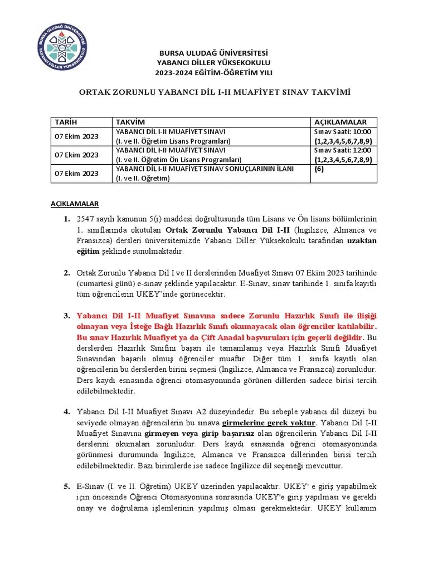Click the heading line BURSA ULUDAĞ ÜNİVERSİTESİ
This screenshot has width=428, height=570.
pyautogui.click(x=214, y=52)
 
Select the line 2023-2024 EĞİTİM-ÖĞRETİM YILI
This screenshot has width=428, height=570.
pyautogui.click(x=214, y=72)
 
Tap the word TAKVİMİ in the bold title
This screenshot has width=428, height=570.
pyautogui.click(x=329, y=92)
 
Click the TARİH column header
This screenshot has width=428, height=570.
pyautogui.click(x=66, y=122)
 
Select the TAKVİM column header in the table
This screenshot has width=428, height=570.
pyautogui.click(x=129, y=122)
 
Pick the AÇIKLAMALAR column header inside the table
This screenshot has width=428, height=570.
pyautogui.click(x=341, y=122)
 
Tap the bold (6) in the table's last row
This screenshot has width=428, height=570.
pyautogui.click(x=319, y=169)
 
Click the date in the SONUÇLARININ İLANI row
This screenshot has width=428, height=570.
pyautogui.click(x=76, y=173)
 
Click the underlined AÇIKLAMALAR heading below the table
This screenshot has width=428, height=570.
pyautogui.click(x=75, y=204)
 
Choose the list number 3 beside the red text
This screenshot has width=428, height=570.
pyautogui.click(x=66, y=315)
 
